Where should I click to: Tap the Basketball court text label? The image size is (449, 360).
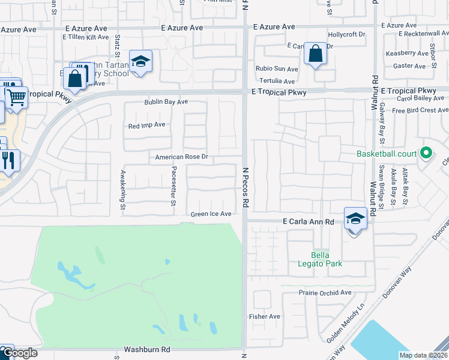(387, 154)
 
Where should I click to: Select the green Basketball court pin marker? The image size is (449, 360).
(426, 154)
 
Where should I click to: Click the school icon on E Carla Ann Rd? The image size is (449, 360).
(355, 218)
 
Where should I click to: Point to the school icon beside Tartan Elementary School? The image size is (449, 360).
(141, 62)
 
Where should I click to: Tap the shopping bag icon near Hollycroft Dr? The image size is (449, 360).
(315, 54)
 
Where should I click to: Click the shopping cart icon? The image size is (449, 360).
(17, 96)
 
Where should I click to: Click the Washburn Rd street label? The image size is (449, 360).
(147, 349)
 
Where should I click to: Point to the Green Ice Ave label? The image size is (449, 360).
(211, 214)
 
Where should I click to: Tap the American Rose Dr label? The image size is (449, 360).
(181, 157)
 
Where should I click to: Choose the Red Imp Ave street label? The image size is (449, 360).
(146, 125)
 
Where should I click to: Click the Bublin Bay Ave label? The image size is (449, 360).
(166, 102)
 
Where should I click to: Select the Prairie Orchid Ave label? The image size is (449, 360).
(325, 292)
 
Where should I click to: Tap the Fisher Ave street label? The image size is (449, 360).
(265, 316)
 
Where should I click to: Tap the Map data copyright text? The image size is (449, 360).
(423, 355)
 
